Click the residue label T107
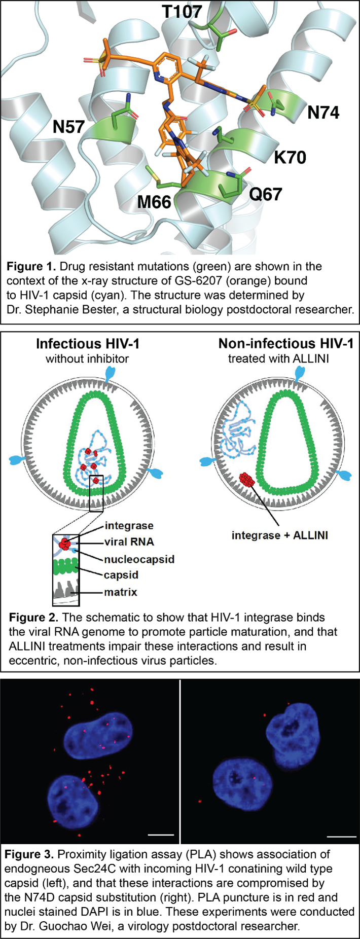point(182,11)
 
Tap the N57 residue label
point(68,127)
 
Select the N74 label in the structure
point(323,113)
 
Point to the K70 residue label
point(290,158)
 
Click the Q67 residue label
point(265,194)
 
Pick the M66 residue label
point(154,202)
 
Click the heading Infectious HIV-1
point(88,344)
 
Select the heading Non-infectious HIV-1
point(286,344)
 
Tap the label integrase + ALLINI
point(279,535)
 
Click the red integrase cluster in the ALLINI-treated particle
point(247,479)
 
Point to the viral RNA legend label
point(129,541)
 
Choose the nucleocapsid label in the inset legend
point(139,559)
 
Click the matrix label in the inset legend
point(120,592)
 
